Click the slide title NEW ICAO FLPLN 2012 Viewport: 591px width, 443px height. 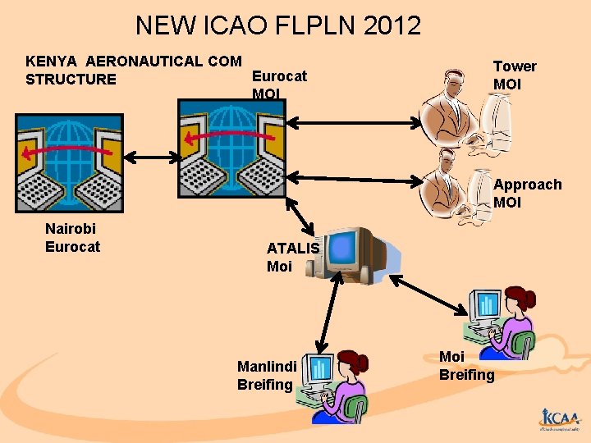277,25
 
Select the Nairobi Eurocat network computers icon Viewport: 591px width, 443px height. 69,162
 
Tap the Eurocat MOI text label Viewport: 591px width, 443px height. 279,84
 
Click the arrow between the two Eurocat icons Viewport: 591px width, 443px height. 150,156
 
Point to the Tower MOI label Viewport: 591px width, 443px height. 515,75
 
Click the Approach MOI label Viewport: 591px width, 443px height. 527,194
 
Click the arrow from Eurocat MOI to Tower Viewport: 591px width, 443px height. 353,122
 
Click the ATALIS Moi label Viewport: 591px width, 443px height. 292,257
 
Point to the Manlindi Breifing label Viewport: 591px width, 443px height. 266,375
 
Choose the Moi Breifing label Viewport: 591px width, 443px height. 466,366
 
